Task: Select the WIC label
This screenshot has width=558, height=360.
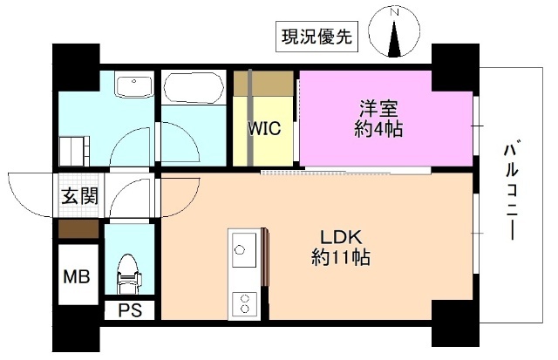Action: click(x=262, y=128)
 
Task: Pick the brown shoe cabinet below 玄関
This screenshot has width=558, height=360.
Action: click(x=78, y=229)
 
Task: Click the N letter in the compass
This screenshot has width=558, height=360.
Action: click(x=395, y=13)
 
